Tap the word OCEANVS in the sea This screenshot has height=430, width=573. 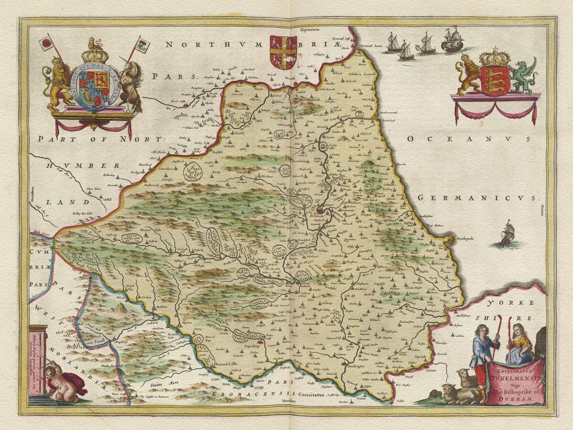pyautogui.click(x=468, y=139)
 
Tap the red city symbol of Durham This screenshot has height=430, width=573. pyautogui.click(x=320, y=210)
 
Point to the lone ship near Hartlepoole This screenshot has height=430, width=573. pyautogui.click(x=507, y=233)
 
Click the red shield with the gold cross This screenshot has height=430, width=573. pyautogui.click(x=283, y=52)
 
